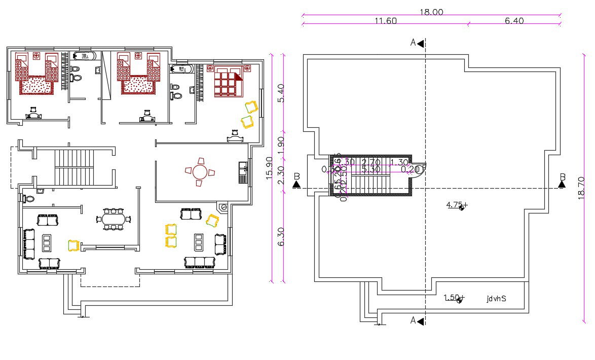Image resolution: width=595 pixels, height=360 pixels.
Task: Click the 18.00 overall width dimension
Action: pyautogui.click(x=431, y=12)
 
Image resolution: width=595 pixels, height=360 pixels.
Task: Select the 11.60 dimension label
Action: pyautogui.click(x=385, y=21)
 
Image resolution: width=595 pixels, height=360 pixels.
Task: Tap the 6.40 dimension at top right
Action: pyautogui.click(x=514, y=21)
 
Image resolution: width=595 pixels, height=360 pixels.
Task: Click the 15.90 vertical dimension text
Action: pyautogui.click(x=269, y=168)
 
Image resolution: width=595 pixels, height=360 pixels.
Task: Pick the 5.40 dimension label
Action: pyautogui.click(x=281, y=93)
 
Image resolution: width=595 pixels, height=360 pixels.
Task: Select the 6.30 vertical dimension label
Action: pyautogui.click(x=281, y=236)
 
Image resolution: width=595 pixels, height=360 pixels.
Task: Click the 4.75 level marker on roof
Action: pyautogui.click(x=456, y=205)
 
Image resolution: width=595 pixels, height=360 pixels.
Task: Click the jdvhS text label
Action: pyautogui.click(x=496, y=299)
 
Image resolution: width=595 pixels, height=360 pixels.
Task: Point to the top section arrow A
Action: pyautogui.click(x=417, y=43)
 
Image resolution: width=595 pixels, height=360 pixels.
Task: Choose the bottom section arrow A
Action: pyautogui.click(x=417, y=320)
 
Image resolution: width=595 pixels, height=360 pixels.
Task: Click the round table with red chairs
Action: pyautogui.click(x=200, y=172)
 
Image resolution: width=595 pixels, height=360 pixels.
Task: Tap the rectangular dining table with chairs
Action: pyautogui.click(x=114, y=219)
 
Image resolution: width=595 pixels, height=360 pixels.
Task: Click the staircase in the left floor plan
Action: pyautogui.click(x=75, y=166)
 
